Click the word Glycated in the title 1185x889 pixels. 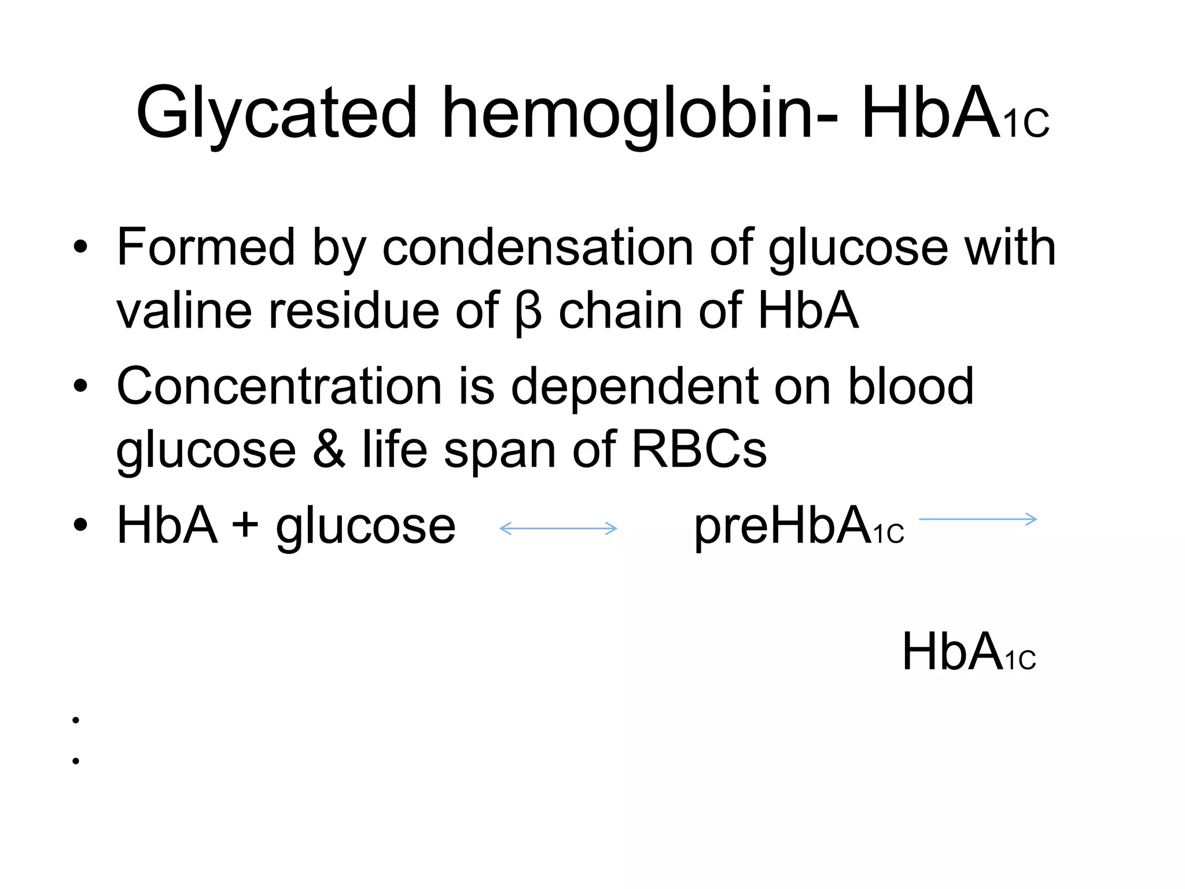(276, 113)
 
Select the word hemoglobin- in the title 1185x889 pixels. (639, 113)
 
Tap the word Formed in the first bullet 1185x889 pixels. (206, 247)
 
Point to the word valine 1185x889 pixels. (184, 311)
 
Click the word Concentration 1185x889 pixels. (279, 387)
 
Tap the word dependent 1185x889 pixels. (633, 387)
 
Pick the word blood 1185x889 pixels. (911, 387)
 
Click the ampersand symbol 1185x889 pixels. (329, 450)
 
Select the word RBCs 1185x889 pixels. (699, 450)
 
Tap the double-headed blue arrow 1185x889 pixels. (558, 528)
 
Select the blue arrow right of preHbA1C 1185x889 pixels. (978, 519)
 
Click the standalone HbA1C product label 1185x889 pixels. (969, 653)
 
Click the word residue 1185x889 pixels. (354, 311)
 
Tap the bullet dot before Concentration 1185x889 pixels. (80, 386)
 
